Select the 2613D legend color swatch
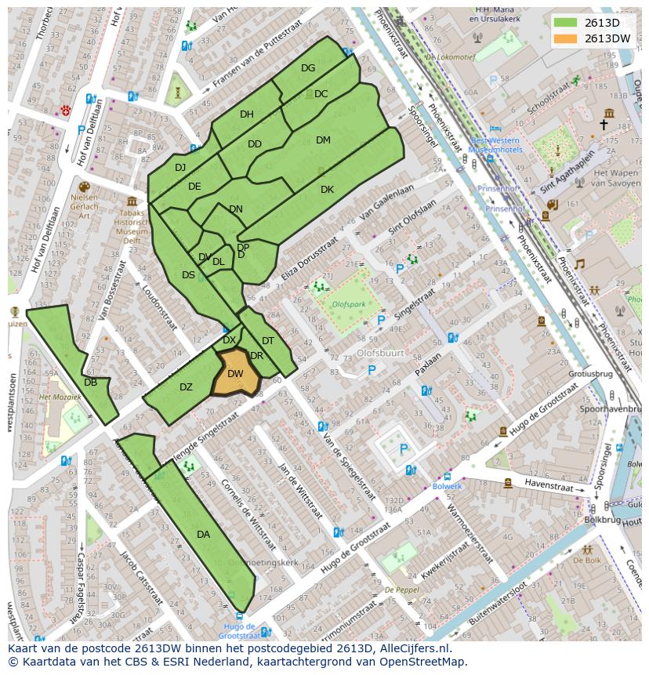point(564,23)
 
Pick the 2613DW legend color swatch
point(564,38)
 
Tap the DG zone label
point(308,68)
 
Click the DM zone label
point(323,140)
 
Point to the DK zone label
point(327,190)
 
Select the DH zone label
point(247,114)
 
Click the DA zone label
point(203,535)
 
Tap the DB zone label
point(90,383)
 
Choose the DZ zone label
point(186,387)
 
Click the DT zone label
point(268,341)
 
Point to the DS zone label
point(188,275)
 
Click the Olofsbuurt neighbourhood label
point(380,353)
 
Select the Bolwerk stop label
point(448,486)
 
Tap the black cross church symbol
point(604,125)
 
